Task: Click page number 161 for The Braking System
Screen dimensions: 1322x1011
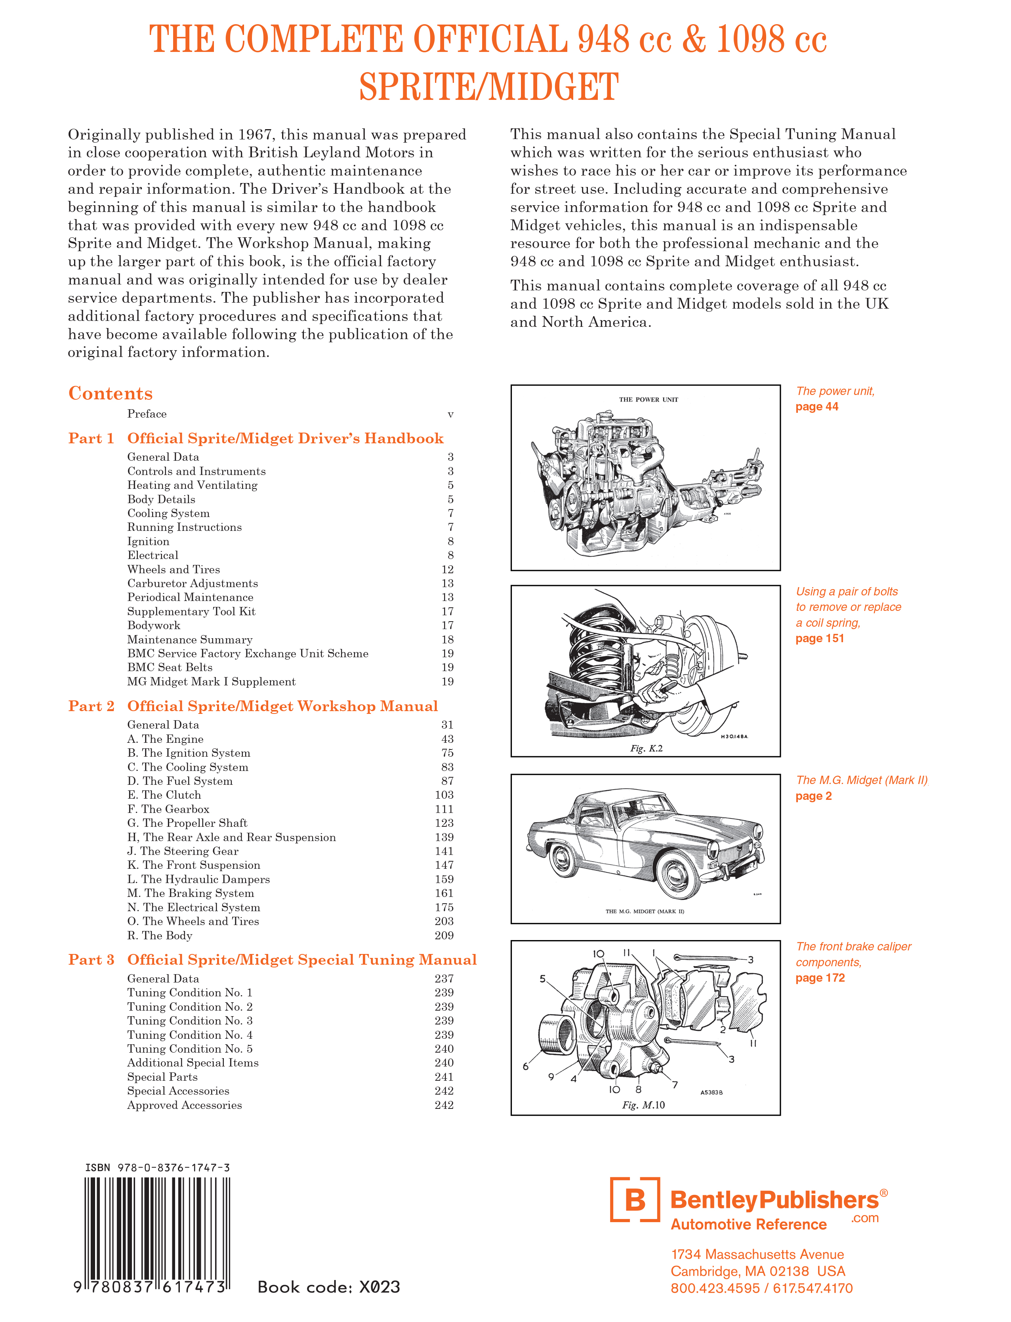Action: point(444,893)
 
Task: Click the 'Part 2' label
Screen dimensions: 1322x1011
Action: point(91,706)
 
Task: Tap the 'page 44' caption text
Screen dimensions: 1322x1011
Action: point(816,407)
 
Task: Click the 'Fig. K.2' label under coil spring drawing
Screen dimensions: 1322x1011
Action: point(646,748)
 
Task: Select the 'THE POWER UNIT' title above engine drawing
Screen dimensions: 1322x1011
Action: point(648,400)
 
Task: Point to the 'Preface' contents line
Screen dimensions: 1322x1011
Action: point(147,414)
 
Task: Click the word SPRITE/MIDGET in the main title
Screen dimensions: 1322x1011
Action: point(488,87)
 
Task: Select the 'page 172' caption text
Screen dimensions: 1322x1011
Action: point(820,978)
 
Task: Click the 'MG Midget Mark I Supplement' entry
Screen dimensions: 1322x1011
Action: point(211,682)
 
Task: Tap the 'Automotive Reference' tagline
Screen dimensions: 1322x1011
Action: point(748,1225)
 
